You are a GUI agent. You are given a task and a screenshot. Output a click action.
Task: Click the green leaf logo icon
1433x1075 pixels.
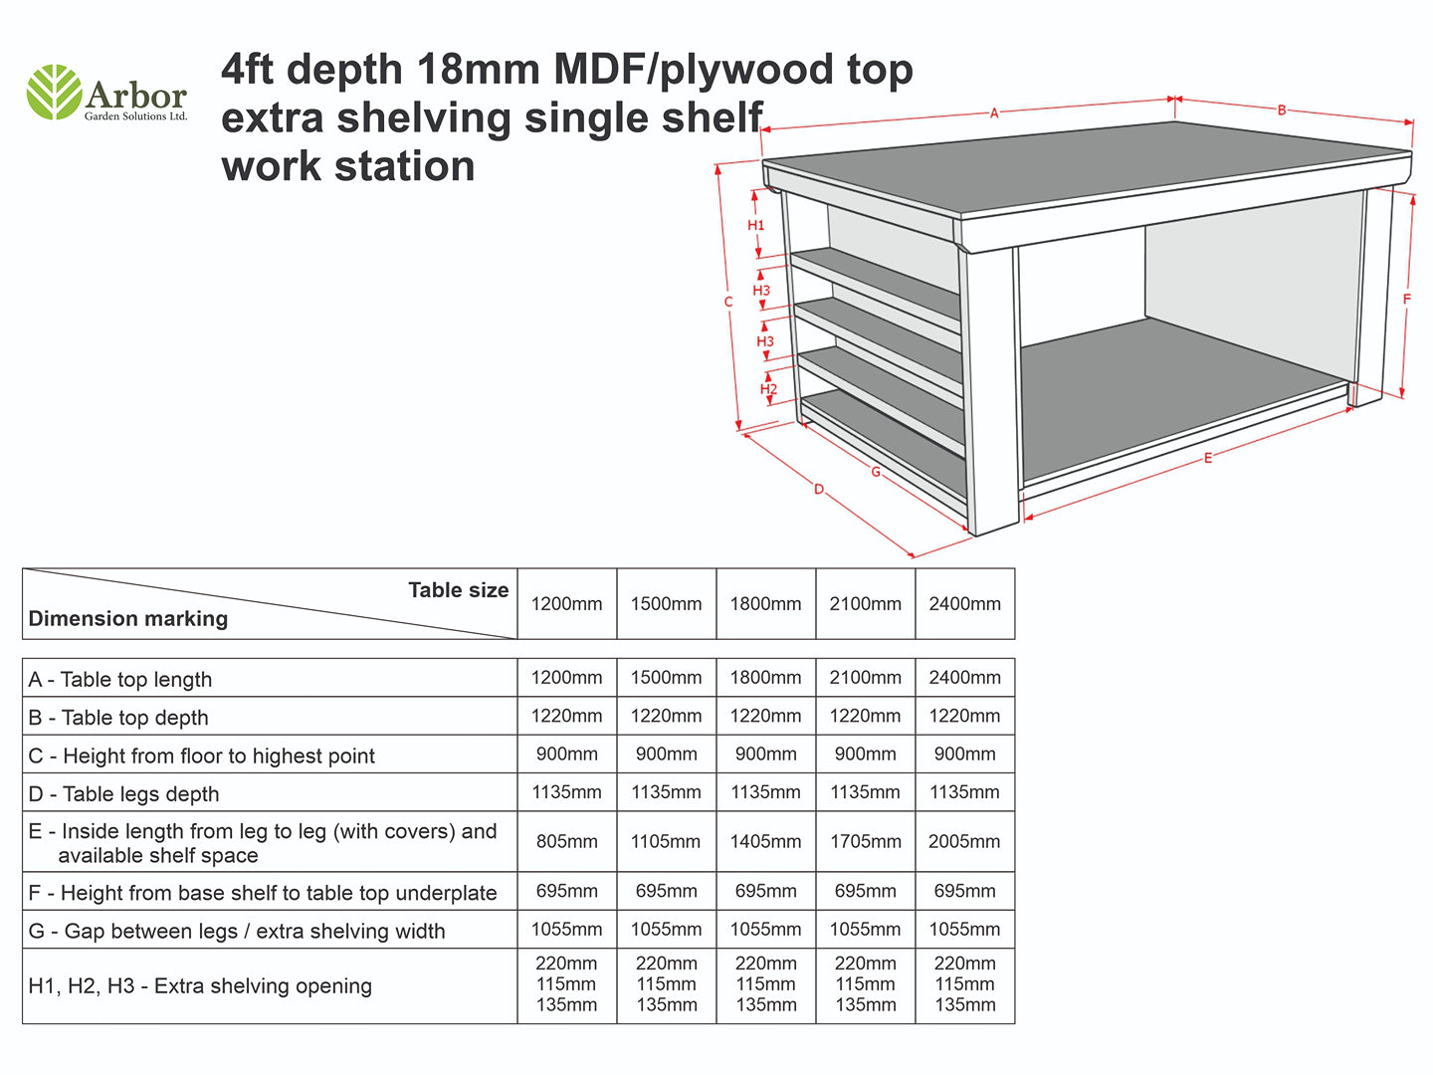(55, 92)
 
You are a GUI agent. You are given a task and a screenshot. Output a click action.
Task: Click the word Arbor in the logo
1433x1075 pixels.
(135, 96)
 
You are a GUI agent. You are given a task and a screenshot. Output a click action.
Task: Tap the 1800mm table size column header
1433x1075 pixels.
(765, 604)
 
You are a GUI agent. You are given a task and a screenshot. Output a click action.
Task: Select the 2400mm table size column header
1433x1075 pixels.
(965, 604)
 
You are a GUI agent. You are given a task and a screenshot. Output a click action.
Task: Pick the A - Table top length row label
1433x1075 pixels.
(120, 680)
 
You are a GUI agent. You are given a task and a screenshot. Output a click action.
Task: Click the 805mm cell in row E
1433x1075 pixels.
(566, 841)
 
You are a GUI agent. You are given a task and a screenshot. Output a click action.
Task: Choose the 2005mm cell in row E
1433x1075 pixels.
(964, 841)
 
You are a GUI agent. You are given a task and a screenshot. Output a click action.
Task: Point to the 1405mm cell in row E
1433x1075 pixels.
(765, 841)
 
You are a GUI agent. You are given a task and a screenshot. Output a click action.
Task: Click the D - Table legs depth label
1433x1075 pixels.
(124, 794)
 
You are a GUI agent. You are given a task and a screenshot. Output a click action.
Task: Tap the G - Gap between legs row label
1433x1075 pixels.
(237, 931)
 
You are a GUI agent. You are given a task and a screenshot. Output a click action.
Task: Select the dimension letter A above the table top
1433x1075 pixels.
(993, 113)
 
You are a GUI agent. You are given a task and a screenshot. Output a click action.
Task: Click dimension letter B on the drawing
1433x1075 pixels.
(1282, 110)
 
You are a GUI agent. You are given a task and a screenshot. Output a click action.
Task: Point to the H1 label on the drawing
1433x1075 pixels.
(756, 225)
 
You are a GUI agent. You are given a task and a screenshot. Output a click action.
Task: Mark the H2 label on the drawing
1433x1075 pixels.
(768, 389)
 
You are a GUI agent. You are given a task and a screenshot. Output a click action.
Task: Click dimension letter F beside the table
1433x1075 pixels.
(1407, 299)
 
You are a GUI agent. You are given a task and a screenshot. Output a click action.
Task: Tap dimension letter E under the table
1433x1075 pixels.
(1208, 458)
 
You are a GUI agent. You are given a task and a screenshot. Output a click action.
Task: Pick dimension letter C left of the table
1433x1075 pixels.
(728, 302)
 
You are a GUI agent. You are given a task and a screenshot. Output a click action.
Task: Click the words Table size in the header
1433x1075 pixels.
(459, 590)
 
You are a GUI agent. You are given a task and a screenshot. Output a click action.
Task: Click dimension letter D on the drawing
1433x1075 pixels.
(819, 489)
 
